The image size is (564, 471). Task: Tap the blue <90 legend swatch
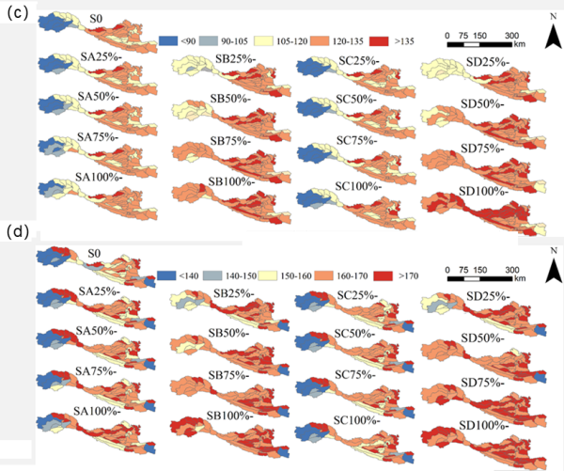pos(169,40)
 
